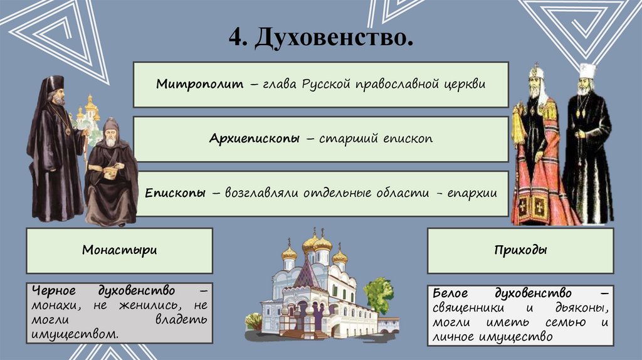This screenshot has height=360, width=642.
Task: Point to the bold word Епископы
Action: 176,193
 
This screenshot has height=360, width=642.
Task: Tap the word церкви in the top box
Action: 465,84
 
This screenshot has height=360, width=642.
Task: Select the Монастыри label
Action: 119,250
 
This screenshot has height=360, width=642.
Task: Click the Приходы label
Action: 520,250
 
